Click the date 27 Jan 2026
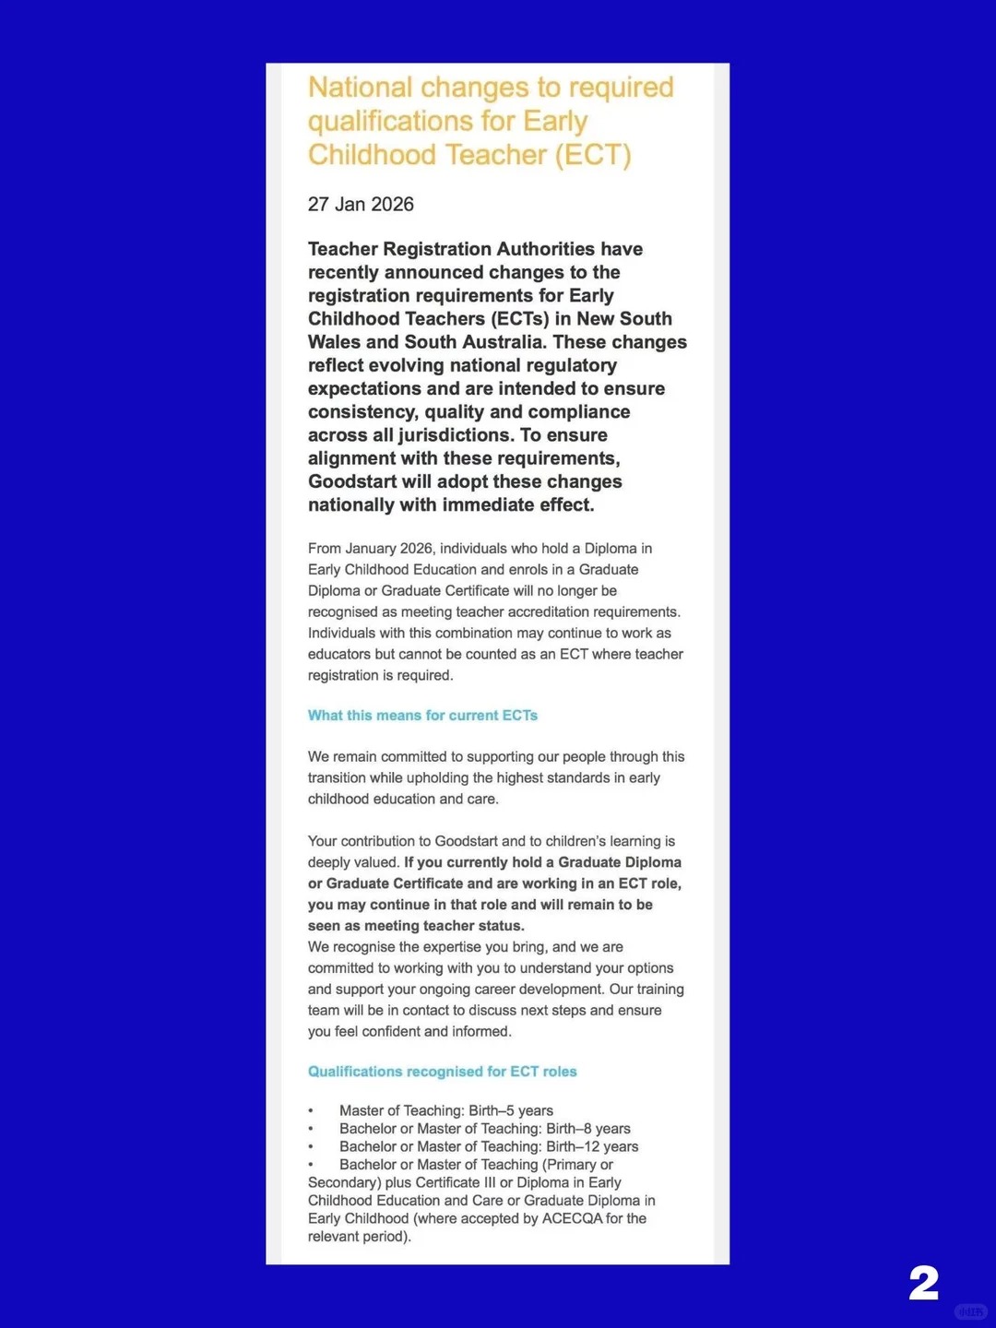point(361,205)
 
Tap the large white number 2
point(923,1283)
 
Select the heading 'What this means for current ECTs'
point(422,716)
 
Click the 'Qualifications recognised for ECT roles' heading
point(442,1072)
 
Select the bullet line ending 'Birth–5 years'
point(446,1110)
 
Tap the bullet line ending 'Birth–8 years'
point(485,1129)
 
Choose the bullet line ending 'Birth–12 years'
point(489,1146)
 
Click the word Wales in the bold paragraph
point(334,342)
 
